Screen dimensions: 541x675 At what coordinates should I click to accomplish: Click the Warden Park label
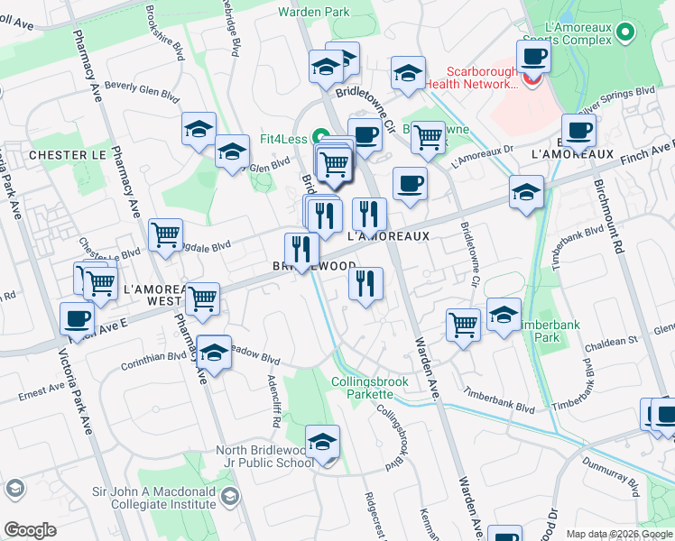pyautogui.click(x=312, y=11)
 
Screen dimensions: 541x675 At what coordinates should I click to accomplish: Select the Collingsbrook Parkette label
pyautogui.click(x=370, y=388)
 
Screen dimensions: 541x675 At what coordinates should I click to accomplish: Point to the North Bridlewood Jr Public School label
pyautogui.click(x=264, y=457)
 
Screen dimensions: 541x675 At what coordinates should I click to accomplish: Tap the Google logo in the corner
pyautogui.click(x=30, y=530)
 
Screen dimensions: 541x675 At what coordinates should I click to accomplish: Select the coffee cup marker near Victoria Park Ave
pyautogui.click(x=78, y=318)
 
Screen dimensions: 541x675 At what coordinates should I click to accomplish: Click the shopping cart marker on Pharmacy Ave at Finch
pyautogui.click(x=202, y=298)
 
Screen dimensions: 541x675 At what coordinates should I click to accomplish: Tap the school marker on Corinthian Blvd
pyautogui.click(x=215, y=352)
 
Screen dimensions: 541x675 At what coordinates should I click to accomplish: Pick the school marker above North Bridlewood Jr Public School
pyautogui.click(x=322, y=441)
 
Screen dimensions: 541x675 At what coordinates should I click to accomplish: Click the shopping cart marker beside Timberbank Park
pyautogui.click(x=464, y=323)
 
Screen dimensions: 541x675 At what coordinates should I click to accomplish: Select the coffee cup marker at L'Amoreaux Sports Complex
pyautogui.click(x=534, y=56)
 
